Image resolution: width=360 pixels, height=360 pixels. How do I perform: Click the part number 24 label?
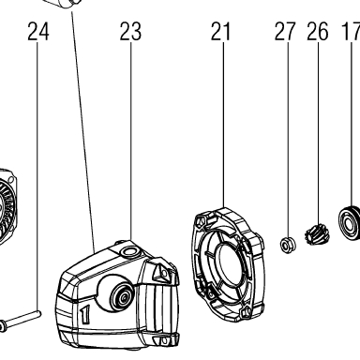pyautogui.click(x=38, y=31)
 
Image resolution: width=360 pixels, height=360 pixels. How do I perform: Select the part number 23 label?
pyautogui.click(x=130, y=31)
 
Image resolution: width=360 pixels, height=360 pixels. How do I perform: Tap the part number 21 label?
pyautogui.click(x=220, y=31)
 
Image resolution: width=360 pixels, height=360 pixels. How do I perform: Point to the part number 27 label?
pyautogui.click(x=285, y=31)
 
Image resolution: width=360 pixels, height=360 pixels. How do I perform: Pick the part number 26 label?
pyautogui.click(x=318, y=31)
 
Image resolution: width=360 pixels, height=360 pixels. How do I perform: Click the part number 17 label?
pyautogui.click(x=351, y=31)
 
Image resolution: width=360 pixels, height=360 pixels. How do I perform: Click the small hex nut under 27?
pyautogui.click(x=287, y=245)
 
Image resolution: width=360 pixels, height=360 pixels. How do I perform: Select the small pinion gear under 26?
pyautogui.click(x=317, y=234)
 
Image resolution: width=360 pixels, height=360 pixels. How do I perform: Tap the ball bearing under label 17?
pyautogui.click(x=350, y=222)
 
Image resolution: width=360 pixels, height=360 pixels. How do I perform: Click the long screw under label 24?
pyautogui.click(x=20, y=320)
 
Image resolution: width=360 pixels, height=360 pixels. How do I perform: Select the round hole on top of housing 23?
pyautogui.click(x=129, y=250)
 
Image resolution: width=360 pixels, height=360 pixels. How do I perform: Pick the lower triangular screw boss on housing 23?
pyautogui.click(x=162, y=340)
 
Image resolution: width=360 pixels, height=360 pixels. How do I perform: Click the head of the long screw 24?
pyautogui.click(x=3, y=326)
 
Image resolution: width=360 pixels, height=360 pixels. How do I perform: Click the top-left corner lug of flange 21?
pyautogui.click(x=201, y=220)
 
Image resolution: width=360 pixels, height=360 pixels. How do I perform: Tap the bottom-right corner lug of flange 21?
pyautogui.click(x=246, y=311)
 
